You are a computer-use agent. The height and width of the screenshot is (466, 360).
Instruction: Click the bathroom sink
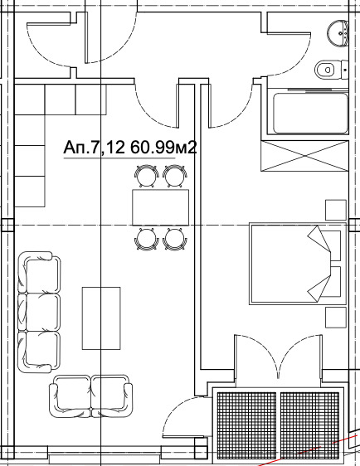338,32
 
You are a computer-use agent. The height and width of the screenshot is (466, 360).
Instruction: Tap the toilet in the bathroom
331,70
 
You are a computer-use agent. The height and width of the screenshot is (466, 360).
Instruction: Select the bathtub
310,114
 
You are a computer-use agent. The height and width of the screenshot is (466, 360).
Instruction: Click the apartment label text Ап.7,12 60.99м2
130,147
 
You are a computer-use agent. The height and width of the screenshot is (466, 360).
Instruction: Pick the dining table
161,207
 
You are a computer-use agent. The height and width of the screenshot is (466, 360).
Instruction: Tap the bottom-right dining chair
175,239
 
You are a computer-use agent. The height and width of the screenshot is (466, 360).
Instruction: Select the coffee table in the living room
101,318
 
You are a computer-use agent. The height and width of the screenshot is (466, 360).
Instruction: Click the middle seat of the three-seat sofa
40,312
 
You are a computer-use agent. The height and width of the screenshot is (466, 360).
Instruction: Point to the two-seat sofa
90,396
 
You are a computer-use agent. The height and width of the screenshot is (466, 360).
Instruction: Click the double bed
298,264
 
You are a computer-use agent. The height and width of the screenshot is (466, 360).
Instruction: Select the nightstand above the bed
336,210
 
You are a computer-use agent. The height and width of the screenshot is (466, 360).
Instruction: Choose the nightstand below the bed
336,318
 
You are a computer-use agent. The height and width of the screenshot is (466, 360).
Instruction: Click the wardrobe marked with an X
304,156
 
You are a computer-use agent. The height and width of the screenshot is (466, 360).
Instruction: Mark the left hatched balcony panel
246,425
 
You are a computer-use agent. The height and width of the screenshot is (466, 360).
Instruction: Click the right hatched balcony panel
309,425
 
